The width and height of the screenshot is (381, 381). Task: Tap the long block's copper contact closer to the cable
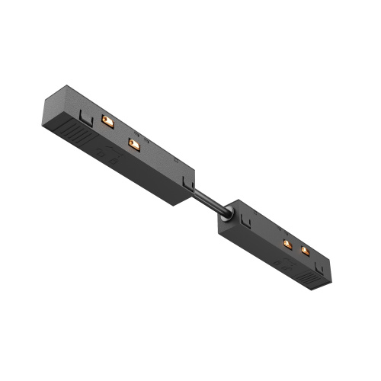tap(134, 142)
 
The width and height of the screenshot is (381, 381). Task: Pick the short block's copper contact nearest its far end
tap(306, 251)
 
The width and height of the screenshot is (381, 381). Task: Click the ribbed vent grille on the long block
tap(75, 137)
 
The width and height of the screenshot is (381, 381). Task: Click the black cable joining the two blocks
tap(210, 200)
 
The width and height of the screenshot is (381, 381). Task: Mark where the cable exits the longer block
tap(194, 187)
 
